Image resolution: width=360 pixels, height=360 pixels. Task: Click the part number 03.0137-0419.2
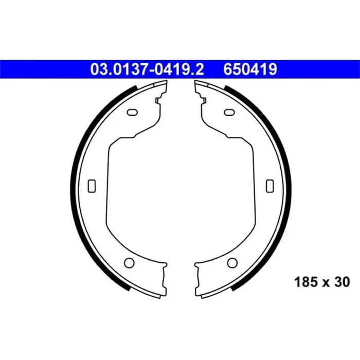tap(147, 69)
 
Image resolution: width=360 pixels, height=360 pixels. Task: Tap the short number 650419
tap(250, 69)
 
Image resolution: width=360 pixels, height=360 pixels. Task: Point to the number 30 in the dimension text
tap(342, 282)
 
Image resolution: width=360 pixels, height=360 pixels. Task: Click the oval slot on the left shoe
tap(132, 112)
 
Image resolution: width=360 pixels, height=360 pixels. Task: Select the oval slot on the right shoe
tap(229, 112)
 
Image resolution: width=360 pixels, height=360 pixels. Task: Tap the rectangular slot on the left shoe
tap(92, 186)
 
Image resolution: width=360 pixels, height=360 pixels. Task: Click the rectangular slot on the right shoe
tap(270, 186)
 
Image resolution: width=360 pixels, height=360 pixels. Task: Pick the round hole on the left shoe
tap(129, 263)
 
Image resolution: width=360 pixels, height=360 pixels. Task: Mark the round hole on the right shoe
tap(232, 263)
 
